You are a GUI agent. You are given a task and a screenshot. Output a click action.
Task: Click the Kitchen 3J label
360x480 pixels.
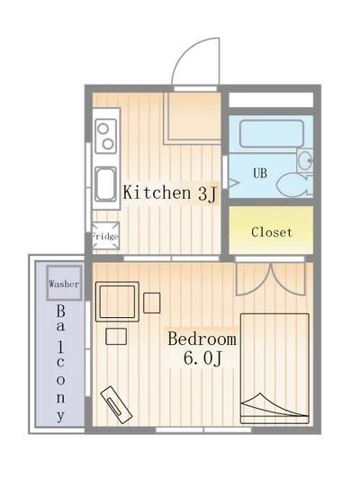point(170,194)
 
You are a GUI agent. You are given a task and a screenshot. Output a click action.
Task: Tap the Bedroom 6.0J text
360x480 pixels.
point(202,349)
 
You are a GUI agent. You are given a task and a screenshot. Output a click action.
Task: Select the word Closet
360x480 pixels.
point(272,232)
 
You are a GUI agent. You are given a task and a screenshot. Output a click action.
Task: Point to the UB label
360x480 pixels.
point(260,173)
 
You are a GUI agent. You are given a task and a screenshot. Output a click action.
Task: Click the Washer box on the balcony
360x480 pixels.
point(64,283)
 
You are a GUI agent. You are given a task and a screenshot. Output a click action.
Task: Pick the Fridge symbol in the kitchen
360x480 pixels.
point(105,236)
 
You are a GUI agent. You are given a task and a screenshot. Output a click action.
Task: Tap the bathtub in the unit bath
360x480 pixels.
point(272,134)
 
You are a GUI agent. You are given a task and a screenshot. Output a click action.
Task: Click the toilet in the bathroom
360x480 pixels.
point(294,185)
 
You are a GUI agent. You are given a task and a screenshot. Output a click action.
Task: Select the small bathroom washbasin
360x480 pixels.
point(304,160)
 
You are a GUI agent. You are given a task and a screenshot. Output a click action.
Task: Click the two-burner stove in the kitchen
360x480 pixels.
point(106,136)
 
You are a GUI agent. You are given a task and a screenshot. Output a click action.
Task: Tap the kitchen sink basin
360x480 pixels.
point(105,184)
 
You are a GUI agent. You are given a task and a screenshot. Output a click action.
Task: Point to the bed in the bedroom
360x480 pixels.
point(274,369)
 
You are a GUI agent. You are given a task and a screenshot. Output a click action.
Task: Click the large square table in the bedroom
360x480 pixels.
point(117,302)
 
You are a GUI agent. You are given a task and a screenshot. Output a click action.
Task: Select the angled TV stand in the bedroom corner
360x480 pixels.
point(116,405)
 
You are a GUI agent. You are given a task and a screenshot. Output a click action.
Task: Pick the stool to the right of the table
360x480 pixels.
point(152,303)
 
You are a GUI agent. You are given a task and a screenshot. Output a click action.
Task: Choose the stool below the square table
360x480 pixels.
point(116,337)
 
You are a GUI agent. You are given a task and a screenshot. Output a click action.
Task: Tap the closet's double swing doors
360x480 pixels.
point(270,278)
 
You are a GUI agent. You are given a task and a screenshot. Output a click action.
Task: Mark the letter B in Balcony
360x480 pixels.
point(60,312)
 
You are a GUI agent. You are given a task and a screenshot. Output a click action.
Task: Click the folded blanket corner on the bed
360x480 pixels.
point(269,404)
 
